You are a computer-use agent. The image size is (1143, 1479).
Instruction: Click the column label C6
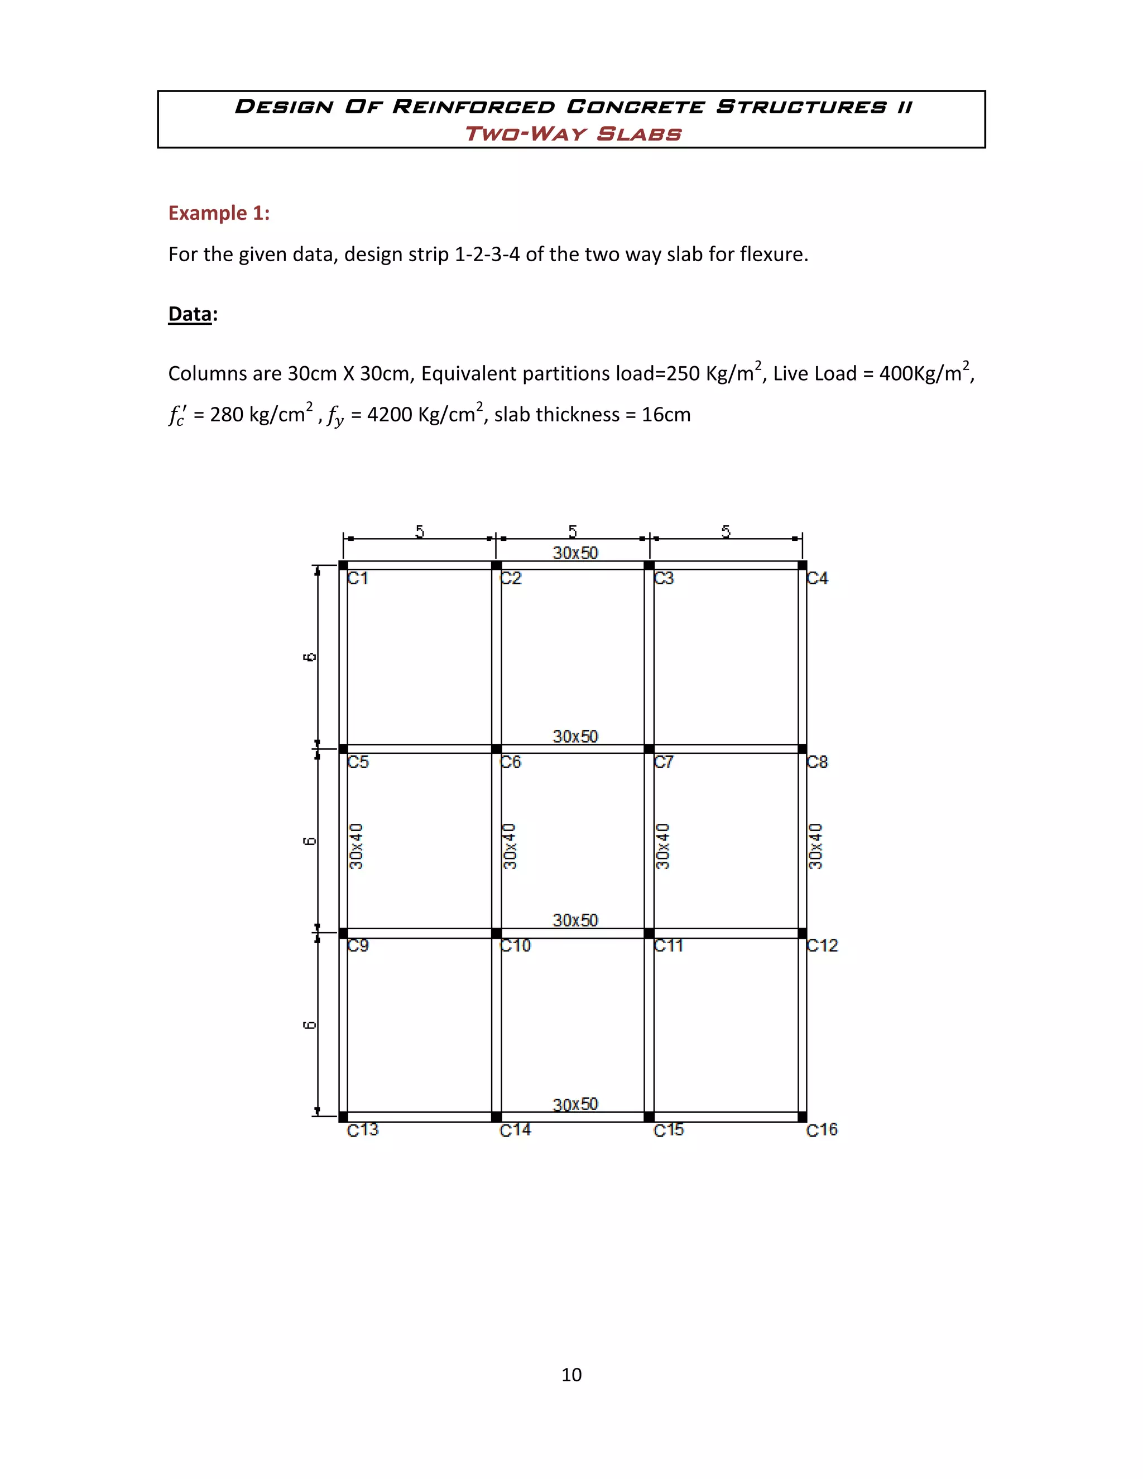click(x=511, y=762)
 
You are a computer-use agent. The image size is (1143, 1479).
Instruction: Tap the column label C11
click(x=667, y=945)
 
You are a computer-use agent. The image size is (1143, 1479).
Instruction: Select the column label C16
click(x=822, y=1130)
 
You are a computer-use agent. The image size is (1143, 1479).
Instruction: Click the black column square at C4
click(x=803, y=565)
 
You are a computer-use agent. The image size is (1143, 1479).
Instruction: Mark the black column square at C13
click(x=343, y=1117)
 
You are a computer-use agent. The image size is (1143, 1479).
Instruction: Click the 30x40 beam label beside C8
click(x=816, y=847)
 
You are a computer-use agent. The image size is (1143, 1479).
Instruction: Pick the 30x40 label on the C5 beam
click(x=356, y=847)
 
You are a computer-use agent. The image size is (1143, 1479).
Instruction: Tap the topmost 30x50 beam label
click(x=575, y=553)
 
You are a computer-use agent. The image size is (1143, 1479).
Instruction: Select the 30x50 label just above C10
click(x=575, y=920)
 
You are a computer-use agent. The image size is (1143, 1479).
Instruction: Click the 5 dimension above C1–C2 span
click(x=420, y=531)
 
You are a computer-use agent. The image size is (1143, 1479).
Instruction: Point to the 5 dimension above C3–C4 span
click(x=726, y=531)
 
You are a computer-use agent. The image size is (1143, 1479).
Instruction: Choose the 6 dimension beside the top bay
click(x=309, y=657)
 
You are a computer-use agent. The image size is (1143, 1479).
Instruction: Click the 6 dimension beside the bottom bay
click(x=309, y=1025)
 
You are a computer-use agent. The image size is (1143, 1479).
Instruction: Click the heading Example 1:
click(x=219, y=213)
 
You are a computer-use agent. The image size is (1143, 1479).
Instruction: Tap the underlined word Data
click(x=190, y=314)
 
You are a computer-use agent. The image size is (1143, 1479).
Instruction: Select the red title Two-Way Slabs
click(x=572, y=133)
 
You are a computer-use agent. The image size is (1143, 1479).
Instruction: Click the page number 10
click(x=571, y=1375)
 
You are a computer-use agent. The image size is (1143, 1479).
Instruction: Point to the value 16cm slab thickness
click(x=666, y=415)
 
